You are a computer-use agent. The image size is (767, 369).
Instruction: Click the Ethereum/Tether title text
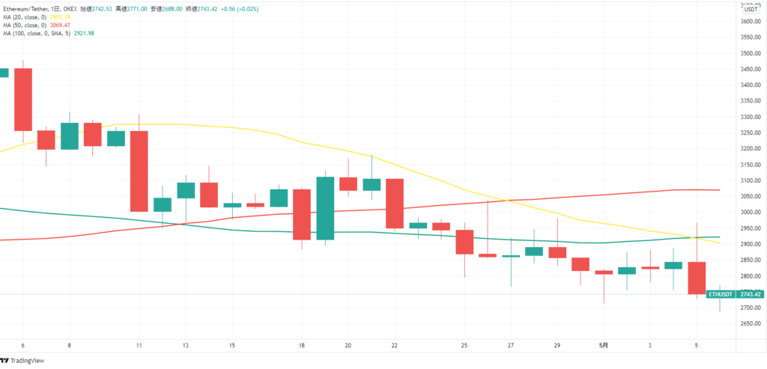coord(28,7)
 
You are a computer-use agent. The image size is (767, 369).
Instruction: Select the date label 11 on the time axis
coord(139,346)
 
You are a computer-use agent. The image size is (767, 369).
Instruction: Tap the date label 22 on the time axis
coord(395,346)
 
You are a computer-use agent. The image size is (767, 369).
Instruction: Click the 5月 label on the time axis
coord(604,346)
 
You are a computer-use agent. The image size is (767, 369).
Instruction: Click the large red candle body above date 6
coord(23,100)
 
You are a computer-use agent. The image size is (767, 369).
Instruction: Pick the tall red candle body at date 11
coord(139,171)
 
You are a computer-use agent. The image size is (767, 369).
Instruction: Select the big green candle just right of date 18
coord(325,208)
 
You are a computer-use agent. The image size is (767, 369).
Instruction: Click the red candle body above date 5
coord(697,278)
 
